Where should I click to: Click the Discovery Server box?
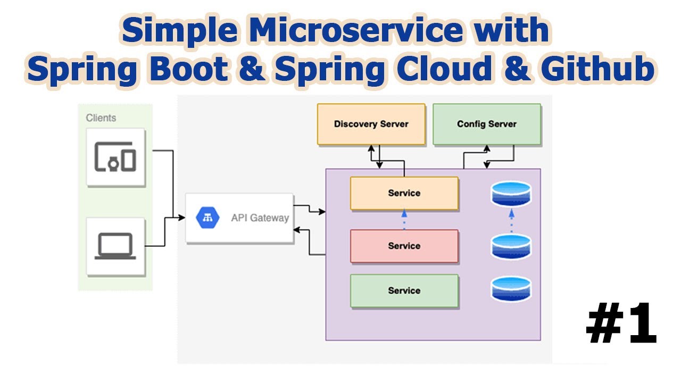371,124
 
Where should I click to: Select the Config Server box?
486,124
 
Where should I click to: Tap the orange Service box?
404,193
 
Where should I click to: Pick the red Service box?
404,246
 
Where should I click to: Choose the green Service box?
404,290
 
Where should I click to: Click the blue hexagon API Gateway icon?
208,218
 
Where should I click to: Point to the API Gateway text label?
260,218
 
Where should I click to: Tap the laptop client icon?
115,246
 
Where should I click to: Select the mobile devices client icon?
115,157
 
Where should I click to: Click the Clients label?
101,118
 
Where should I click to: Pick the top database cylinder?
511,194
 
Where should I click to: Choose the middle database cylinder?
511,246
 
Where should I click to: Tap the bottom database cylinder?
511,289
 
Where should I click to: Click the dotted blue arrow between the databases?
511,220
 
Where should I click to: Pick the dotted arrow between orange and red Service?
404,220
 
